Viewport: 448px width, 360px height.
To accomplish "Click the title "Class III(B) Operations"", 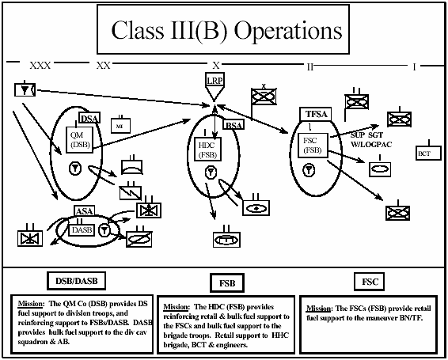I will pos(227,31).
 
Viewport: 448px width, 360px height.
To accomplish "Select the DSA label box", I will pos(89,119).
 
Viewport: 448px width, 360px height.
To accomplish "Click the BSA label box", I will pos(234,125).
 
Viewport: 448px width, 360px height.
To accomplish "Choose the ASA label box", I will pos(84,210).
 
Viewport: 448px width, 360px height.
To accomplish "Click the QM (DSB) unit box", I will pos(80,139).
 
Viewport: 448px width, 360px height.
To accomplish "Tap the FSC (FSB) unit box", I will pos(310,144).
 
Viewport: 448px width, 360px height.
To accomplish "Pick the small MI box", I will pos(119,125).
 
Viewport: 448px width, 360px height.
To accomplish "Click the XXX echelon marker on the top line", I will pos(40,65).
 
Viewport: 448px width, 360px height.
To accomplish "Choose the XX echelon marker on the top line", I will pos(103,65).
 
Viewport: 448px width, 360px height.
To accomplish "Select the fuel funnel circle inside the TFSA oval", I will pos(309,170).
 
